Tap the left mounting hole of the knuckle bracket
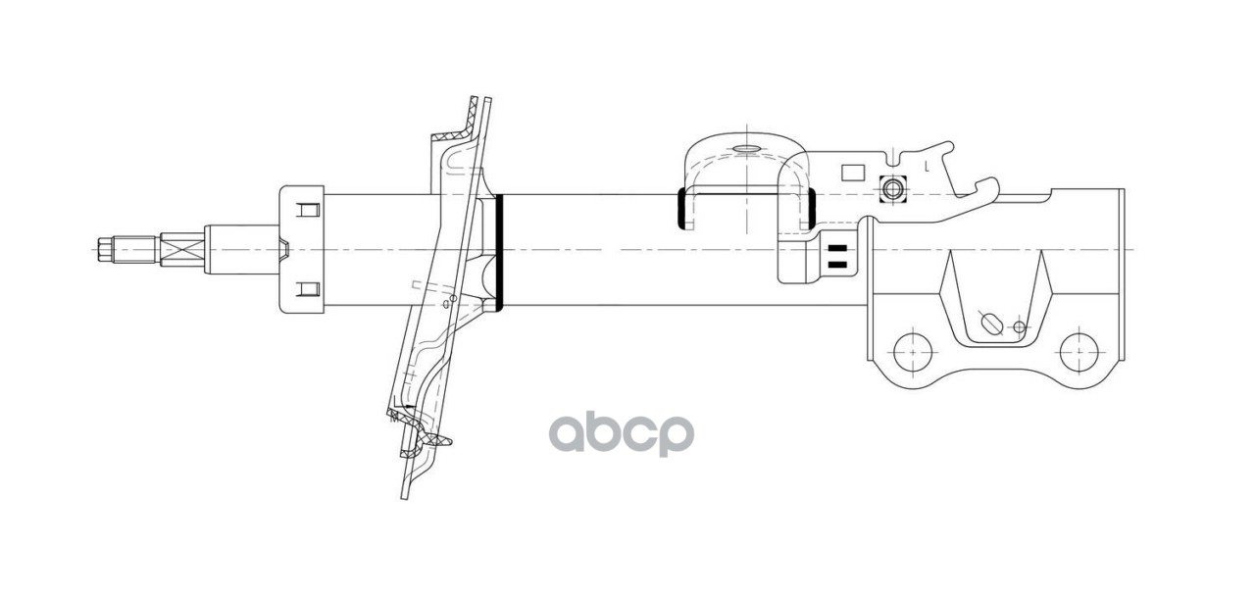[x=913, y=348]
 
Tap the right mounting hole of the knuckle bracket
[x=1079, y=348]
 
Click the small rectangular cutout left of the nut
[x=852, y=172]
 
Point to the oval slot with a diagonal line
[x=992, y=323]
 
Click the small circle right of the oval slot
[x=1020, y=326]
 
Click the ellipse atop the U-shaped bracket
[x=745, y=150]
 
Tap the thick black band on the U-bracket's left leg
[x=679, y=208]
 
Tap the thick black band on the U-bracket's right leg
[x=813, y=208]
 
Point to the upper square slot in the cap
[x=308, y=210]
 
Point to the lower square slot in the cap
[x=308, y=289]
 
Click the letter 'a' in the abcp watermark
[x=570, y=432]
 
